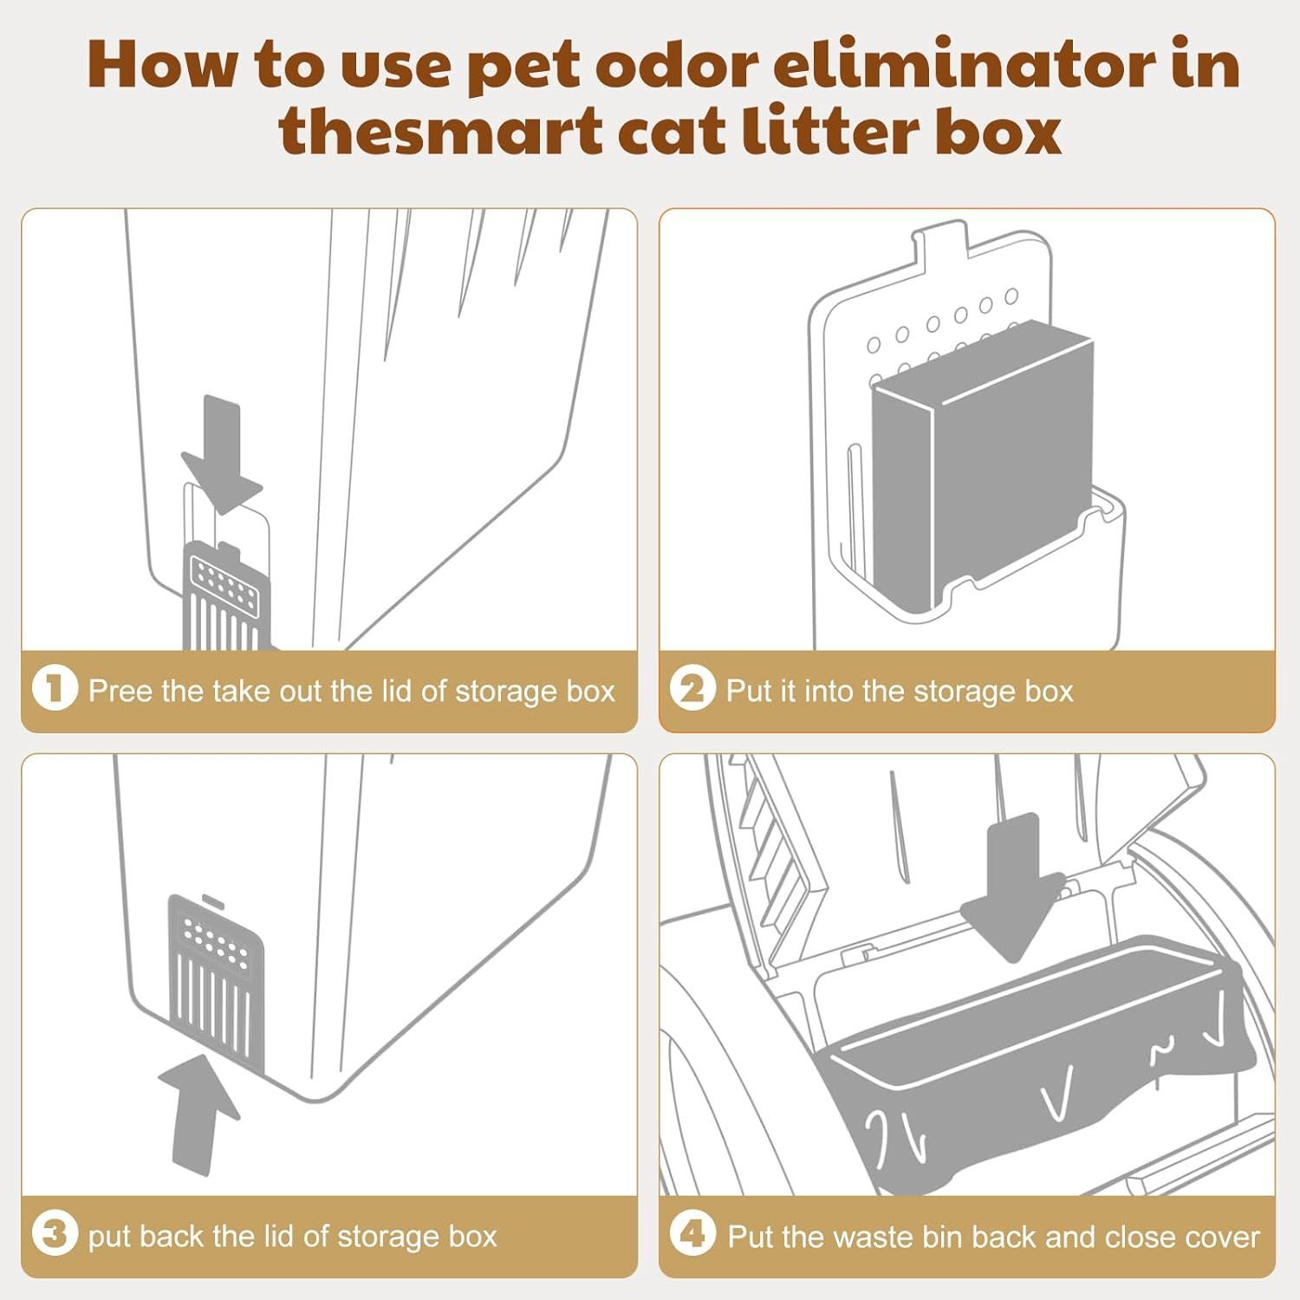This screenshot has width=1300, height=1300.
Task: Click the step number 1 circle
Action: point(55,690)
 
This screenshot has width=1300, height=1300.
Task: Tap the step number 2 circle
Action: point(692,690)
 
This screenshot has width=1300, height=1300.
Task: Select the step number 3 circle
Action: point(55,1235)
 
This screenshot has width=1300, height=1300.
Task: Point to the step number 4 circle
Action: point(692,1235)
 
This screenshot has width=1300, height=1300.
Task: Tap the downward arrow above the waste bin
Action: point(1013,884)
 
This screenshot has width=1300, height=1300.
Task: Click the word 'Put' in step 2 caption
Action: point(750,691)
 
